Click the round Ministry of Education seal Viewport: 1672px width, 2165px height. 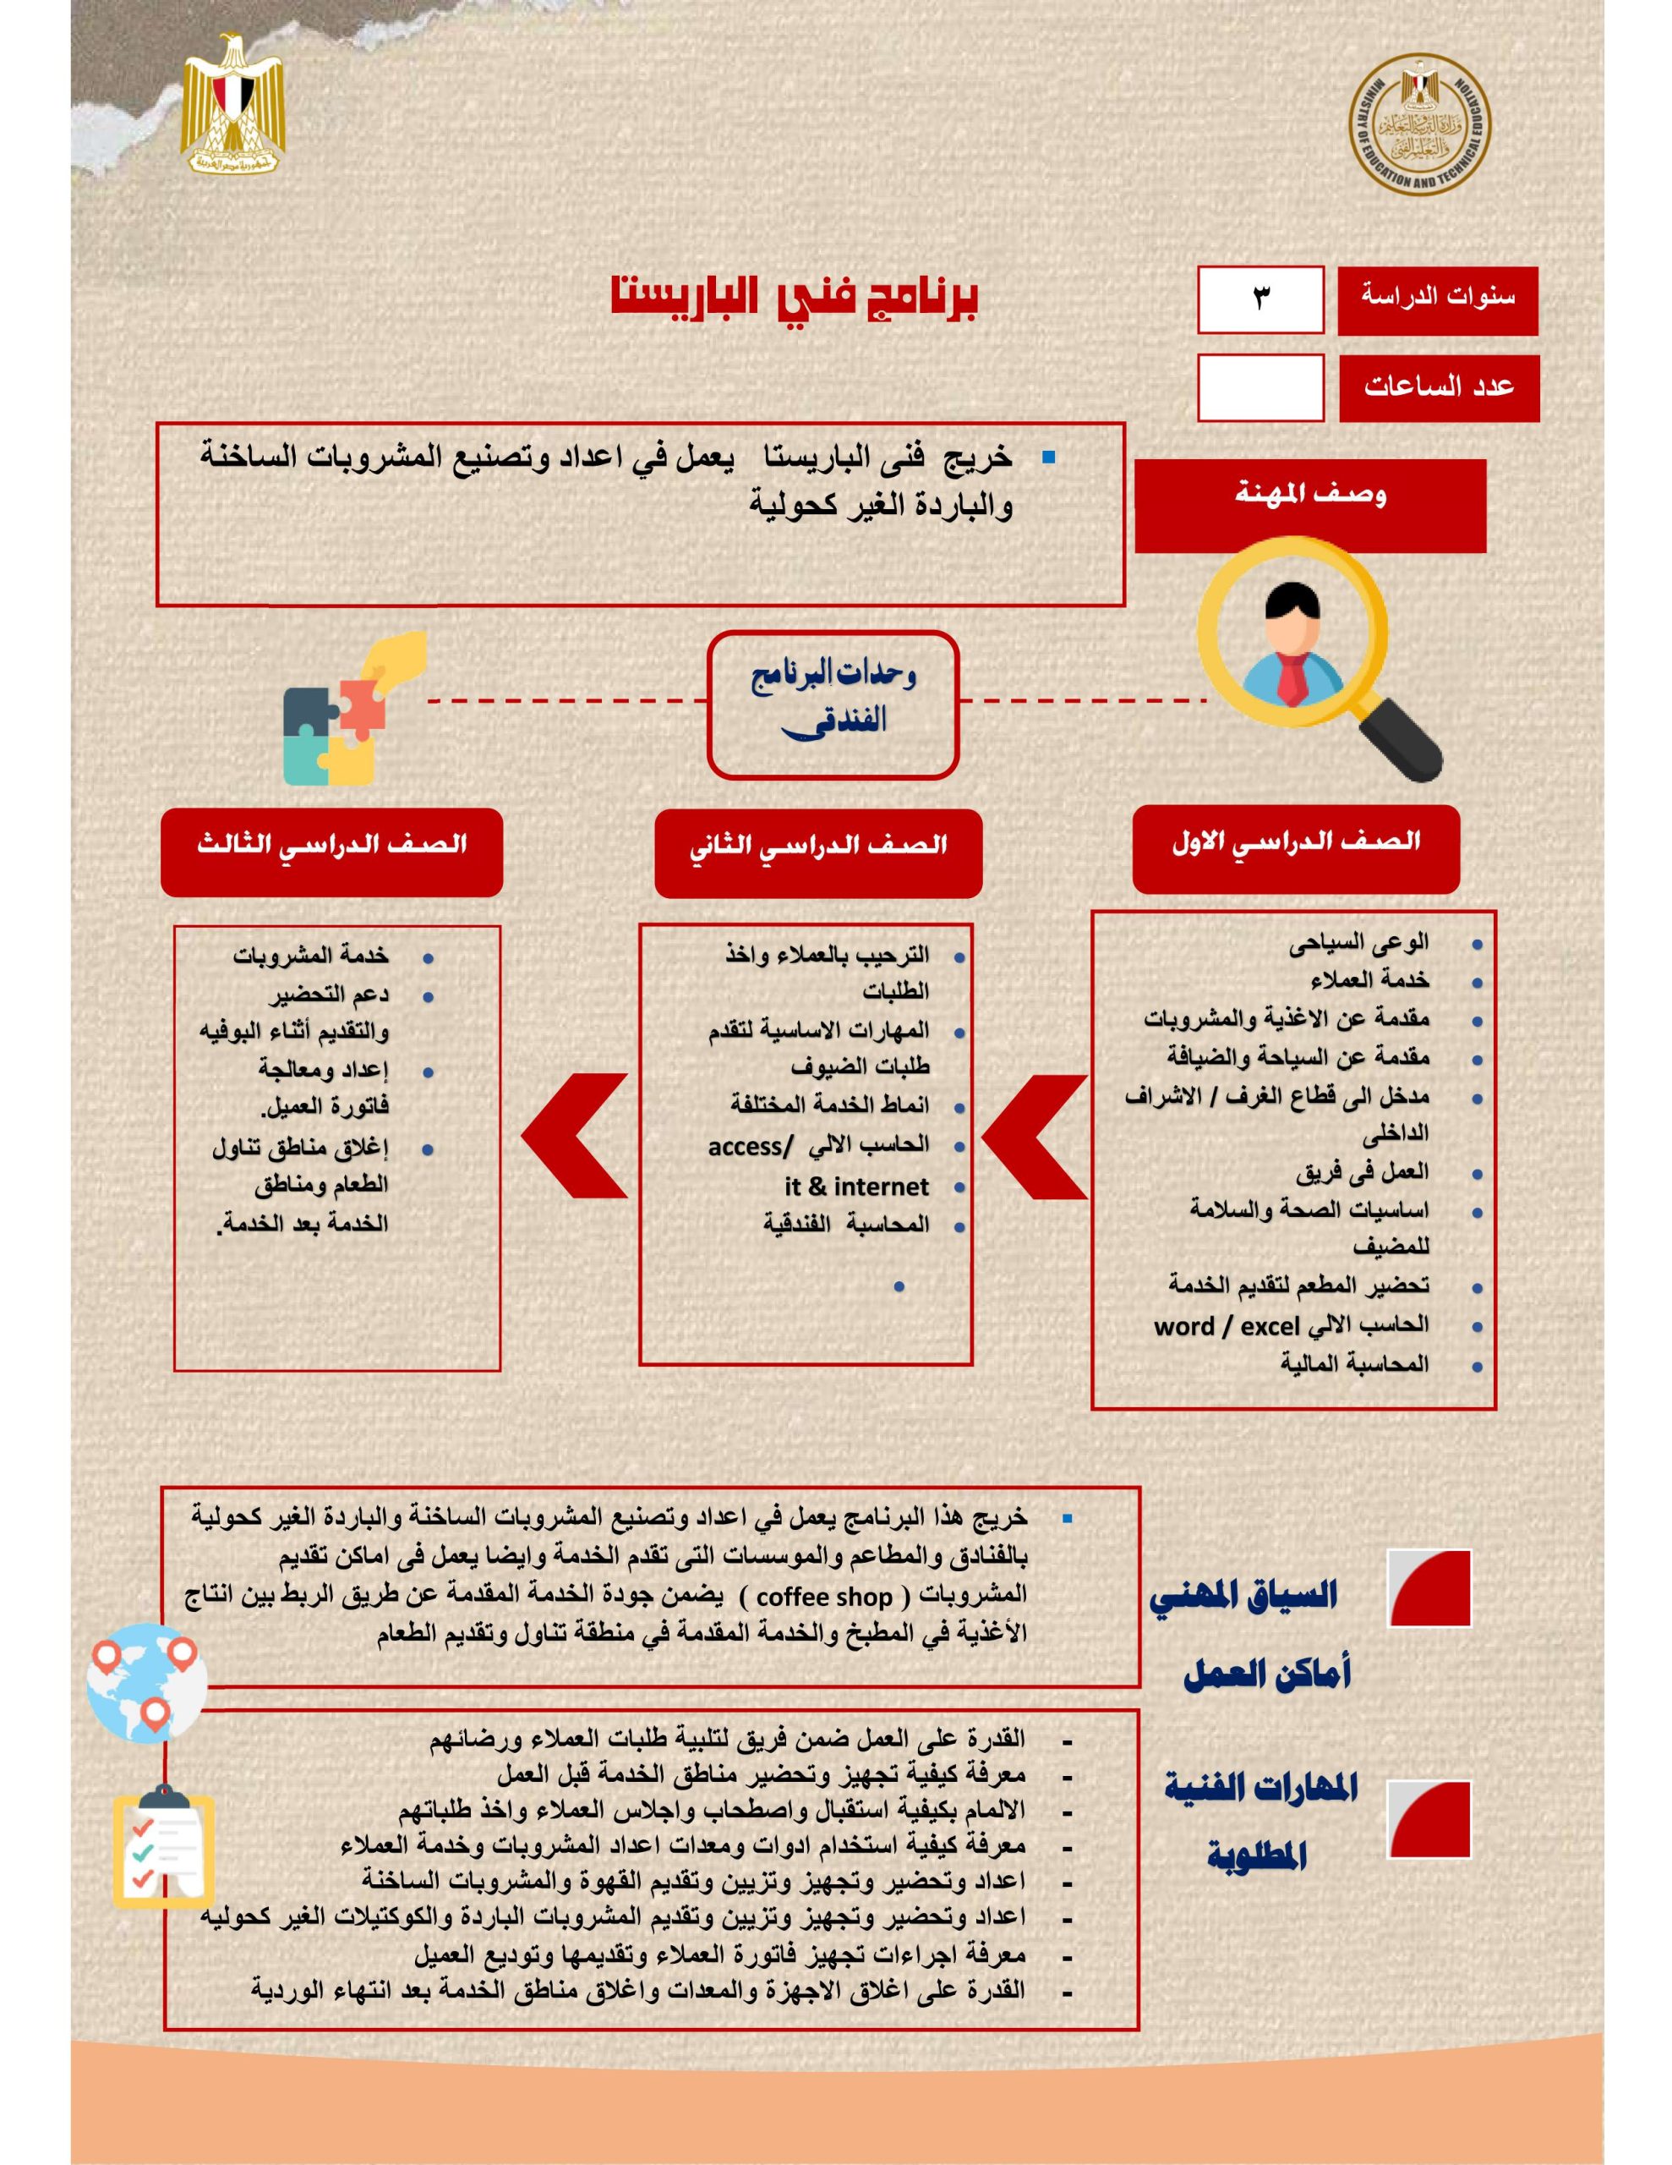tap(1419, 124)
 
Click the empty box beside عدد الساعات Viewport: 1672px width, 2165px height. tap(1259, 386)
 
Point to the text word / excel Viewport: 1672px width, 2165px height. tap(1226, 1326)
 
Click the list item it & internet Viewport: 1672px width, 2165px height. tap(856, 1187)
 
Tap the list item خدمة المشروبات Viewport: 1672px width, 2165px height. tap(311, 956)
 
